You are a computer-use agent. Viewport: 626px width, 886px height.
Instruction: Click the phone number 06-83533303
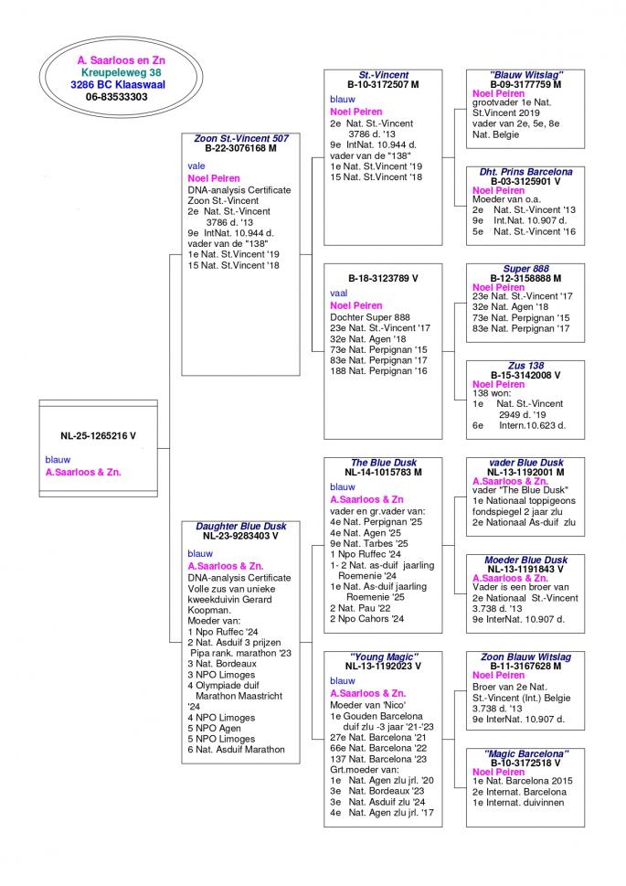pyautogui.click(x=116, y=96)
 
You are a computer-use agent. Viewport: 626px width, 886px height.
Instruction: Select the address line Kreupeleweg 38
pyautogui.click(x=121, y=71)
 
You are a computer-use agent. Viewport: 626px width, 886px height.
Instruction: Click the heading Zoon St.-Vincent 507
pyautogui.click(x=241, y=139)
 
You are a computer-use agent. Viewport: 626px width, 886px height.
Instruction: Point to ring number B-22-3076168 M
pyautogui.click(x=240, y=148)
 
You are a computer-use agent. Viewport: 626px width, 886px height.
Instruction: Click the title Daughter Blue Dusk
pyautogui.click(x=240, y=527)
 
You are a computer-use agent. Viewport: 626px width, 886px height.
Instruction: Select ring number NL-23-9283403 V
pyautogui.click(x=240, y=536)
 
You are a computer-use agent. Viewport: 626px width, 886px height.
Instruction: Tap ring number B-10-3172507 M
pyautogui.click(x=383, y=84)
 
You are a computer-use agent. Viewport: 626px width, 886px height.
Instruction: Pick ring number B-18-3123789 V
pyautogui.click(x=383, y=277)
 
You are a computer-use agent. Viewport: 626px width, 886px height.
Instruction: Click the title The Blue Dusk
pyautogui.click(x=383, y=463)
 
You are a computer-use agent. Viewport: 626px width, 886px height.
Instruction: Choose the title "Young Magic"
pyautogui.click(x=383, y=656)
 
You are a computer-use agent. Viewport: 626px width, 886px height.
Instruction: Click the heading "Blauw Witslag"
pyautogui.click(x=525, y=75)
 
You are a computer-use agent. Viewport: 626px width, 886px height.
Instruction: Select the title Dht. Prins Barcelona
pyautogui.click(x=525, y=172)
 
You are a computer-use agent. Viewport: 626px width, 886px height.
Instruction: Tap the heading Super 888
pyautogui.click(x=525, y=269)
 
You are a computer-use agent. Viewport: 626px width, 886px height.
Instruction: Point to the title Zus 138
pyautogui.click(x=525, y=366)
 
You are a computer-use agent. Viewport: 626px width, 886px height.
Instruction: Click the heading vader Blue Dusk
pyautogui.click(x=525, y=463)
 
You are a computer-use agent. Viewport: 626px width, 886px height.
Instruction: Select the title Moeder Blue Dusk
pyautogui.click(x=525, y=560)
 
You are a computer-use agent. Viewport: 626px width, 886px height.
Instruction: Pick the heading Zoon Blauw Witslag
pyautogui.click(x=525, y=656)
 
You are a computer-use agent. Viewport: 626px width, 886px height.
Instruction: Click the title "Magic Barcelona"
pyautogui.click(x=525, y=753)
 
